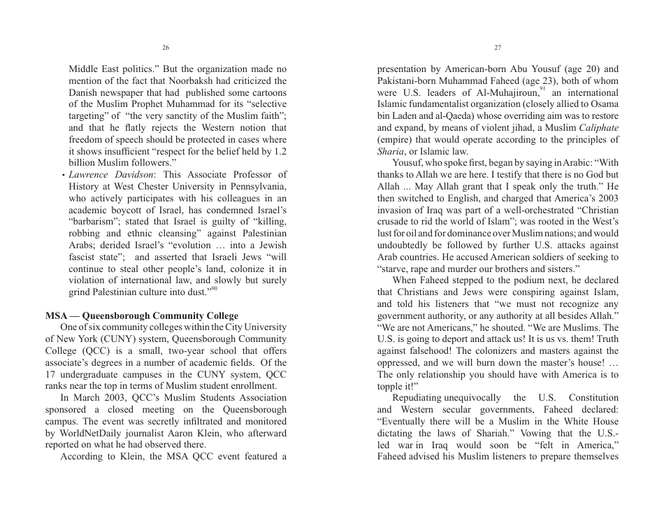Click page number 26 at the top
tap(166, 48)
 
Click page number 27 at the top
tap(498, 48)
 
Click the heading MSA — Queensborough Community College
tap(142, 315)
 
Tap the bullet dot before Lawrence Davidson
tap(64, 175)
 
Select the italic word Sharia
tap(390, 152)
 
